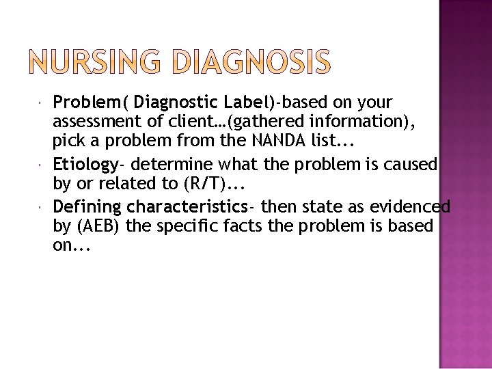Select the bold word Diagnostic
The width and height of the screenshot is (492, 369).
176,102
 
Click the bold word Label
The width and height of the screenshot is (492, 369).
247,102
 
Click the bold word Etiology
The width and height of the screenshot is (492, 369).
85,165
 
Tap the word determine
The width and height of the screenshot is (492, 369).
170,165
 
